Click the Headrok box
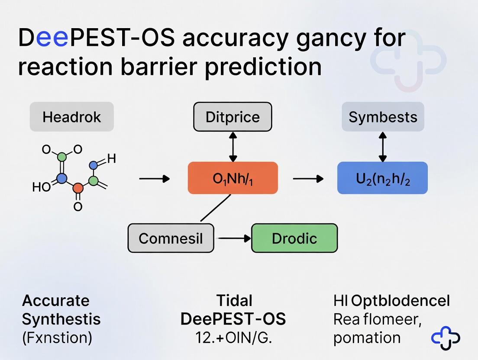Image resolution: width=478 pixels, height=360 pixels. click(x=71, y=117)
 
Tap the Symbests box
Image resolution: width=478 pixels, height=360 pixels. click(x=383, y=117)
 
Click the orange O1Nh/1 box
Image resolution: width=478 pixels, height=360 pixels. click(x=233, y=178)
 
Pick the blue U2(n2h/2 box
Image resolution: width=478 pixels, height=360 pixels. click(x=382, y=178)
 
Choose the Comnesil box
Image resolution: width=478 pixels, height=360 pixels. click(x=171, y=238)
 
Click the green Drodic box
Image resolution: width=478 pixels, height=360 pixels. click(x=294, y=238)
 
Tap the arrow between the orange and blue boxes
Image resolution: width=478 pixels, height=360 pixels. click(x=308, y=178)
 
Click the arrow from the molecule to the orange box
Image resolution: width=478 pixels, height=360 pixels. click(x=154, y=178)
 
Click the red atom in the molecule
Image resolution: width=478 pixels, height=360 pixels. click(x=78, y=188)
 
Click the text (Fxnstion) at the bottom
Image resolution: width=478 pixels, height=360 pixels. click(x=57, y=337)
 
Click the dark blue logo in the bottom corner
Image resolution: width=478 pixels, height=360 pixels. click(x=446, y=338)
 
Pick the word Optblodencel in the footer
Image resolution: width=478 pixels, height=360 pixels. click(x=401, y=300)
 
